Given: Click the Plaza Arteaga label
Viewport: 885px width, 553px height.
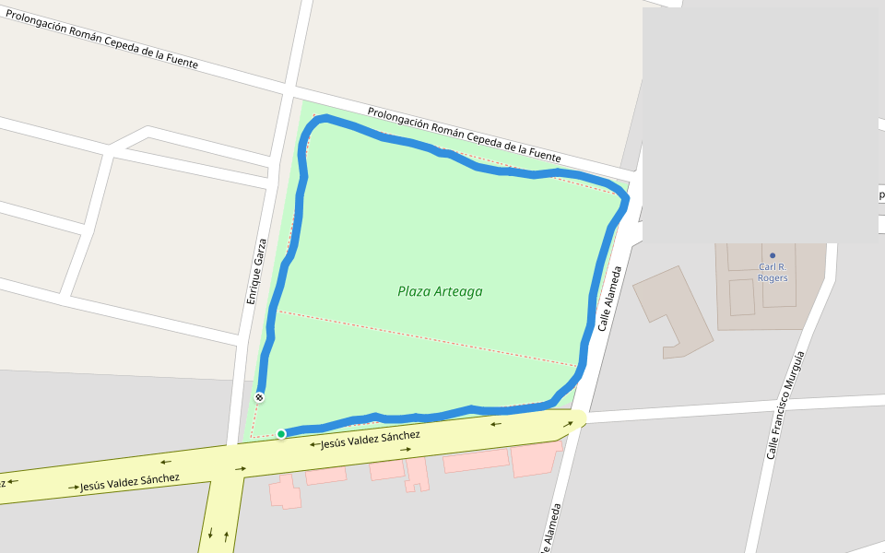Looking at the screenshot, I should (440, 292).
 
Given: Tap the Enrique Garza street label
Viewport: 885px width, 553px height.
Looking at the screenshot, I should (256, 272).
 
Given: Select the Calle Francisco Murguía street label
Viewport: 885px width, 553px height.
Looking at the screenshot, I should (785, 406).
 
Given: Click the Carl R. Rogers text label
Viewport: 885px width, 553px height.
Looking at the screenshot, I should (773, 272).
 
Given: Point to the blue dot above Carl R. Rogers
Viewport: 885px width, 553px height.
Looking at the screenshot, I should (773, 255).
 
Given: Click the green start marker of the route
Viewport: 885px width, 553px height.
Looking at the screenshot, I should (281, 433).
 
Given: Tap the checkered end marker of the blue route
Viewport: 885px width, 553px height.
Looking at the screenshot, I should (259, 397).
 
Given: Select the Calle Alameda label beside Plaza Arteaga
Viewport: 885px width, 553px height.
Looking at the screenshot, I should (610, 299).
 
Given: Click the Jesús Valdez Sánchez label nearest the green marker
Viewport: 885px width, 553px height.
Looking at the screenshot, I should (370, 440).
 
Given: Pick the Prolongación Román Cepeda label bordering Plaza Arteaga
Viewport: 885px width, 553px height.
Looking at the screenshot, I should (464, 135).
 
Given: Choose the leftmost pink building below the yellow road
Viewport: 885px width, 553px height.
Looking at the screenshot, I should (285, 491).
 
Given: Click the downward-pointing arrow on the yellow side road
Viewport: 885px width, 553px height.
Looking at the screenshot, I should (211, 533).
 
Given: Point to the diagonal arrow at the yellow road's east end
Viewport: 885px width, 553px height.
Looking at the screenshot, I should (569, 424).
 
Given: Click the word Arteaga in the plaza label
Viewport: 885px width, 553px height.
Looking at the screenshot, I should (460, 292).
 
